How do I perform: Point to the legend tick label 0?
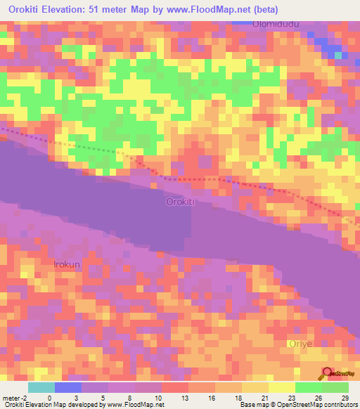[49, 398]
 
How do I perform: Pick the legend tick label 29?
[344, 398]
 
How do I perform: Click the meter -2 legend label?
[15, 398]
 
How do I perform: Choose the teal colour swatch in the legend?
[41, 387]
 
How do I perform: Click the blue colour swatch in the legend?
[68, 387]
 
